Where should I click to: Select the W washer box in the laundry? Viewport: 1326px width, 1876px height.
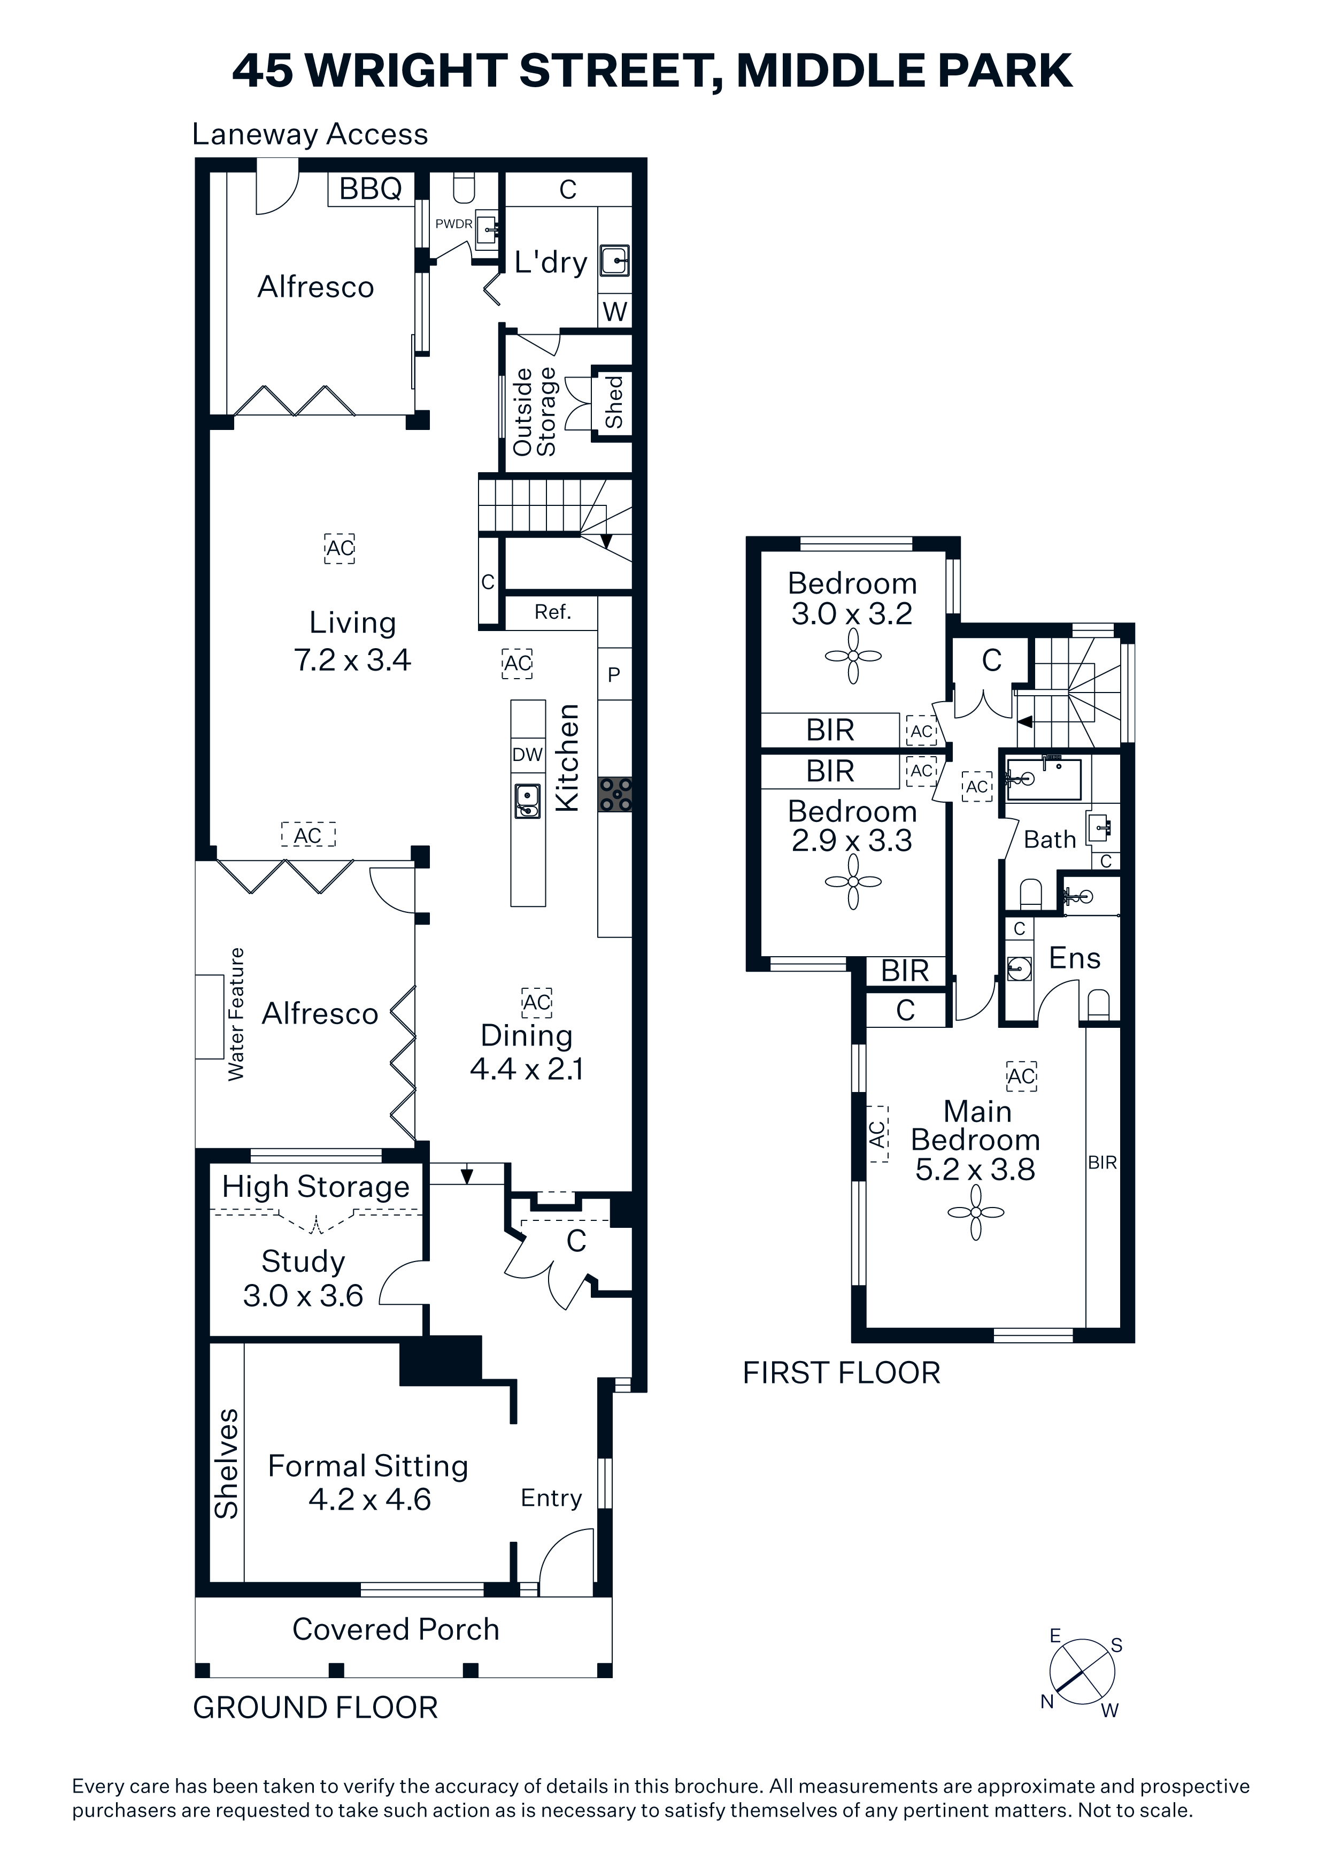pos(614,311)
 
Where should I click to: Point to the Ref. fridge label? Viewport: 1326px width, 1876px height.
pos(552,612)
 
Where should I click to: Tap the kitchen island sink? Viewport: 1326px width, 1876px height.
pos(528,800)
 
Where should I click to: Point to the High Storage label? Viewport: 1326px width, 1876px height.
pos(315,1186)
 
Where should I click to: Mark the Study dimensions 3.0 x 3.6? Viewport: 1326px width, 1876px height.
pos(303,1295)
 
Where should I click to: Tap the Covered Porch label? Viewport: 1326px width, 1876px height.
pos(396,1629)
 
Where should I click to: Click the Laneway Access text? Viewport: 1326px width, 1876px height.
pos(310,134)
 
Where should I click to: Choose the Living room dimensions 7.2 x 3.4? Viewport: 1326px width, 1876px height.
pos(352,659)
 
